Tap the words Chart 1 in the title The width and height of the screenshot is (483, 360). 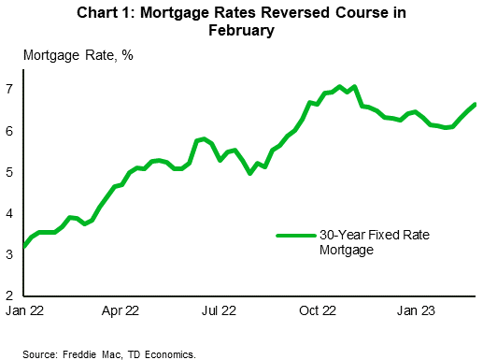pos(117,11)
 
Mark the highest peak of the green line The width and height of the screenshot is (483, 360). pos(339,86)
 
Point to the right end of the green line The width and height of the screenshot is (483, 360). pos(475,104)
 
